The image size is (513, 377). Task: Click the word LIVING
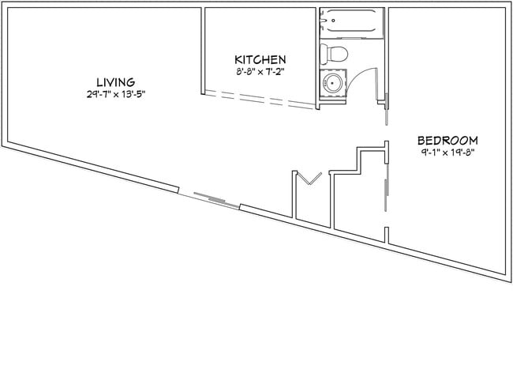pos(115,81)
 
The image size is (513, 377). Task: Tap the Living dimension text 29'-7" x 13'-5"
pos(115,94)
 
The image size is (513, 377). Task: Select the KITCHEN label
pos(260,60)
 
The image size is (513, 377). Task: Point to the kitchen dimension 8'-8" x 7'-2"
pos(260,72)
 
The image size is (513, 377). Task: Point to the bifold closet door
pos(307,179)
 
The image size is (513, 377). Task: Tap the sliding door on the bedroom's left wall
pos(385,190)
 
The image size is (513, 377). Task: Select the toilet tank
pos(324,54)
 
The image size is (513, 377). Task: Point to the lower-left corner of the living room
pos(9,143)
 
